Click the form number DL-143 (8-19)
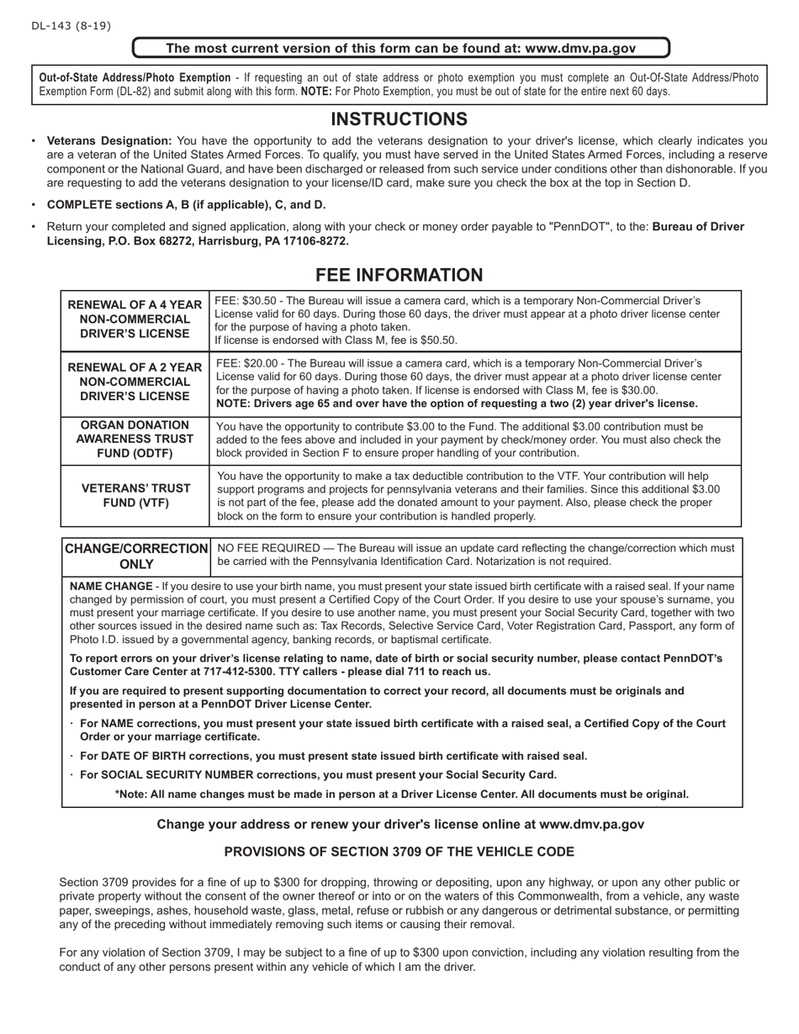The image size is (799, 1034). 71,26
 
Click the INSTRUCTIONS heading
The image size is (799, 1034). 399,119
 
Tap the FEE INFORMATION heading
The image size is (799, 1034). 399,275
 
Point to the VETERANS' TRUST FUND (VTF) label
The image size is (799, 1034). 135,495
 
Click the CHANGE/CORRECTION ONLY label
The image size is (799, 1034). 136,556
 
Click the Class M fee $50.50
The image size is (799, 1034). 437,340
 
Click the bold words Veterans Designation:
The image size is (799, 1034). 109,141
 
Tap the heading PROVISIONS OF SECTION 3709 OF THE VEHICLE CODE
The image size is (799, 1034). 399,852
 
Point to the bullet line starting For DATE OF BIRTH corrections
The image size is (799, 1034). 333,756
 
